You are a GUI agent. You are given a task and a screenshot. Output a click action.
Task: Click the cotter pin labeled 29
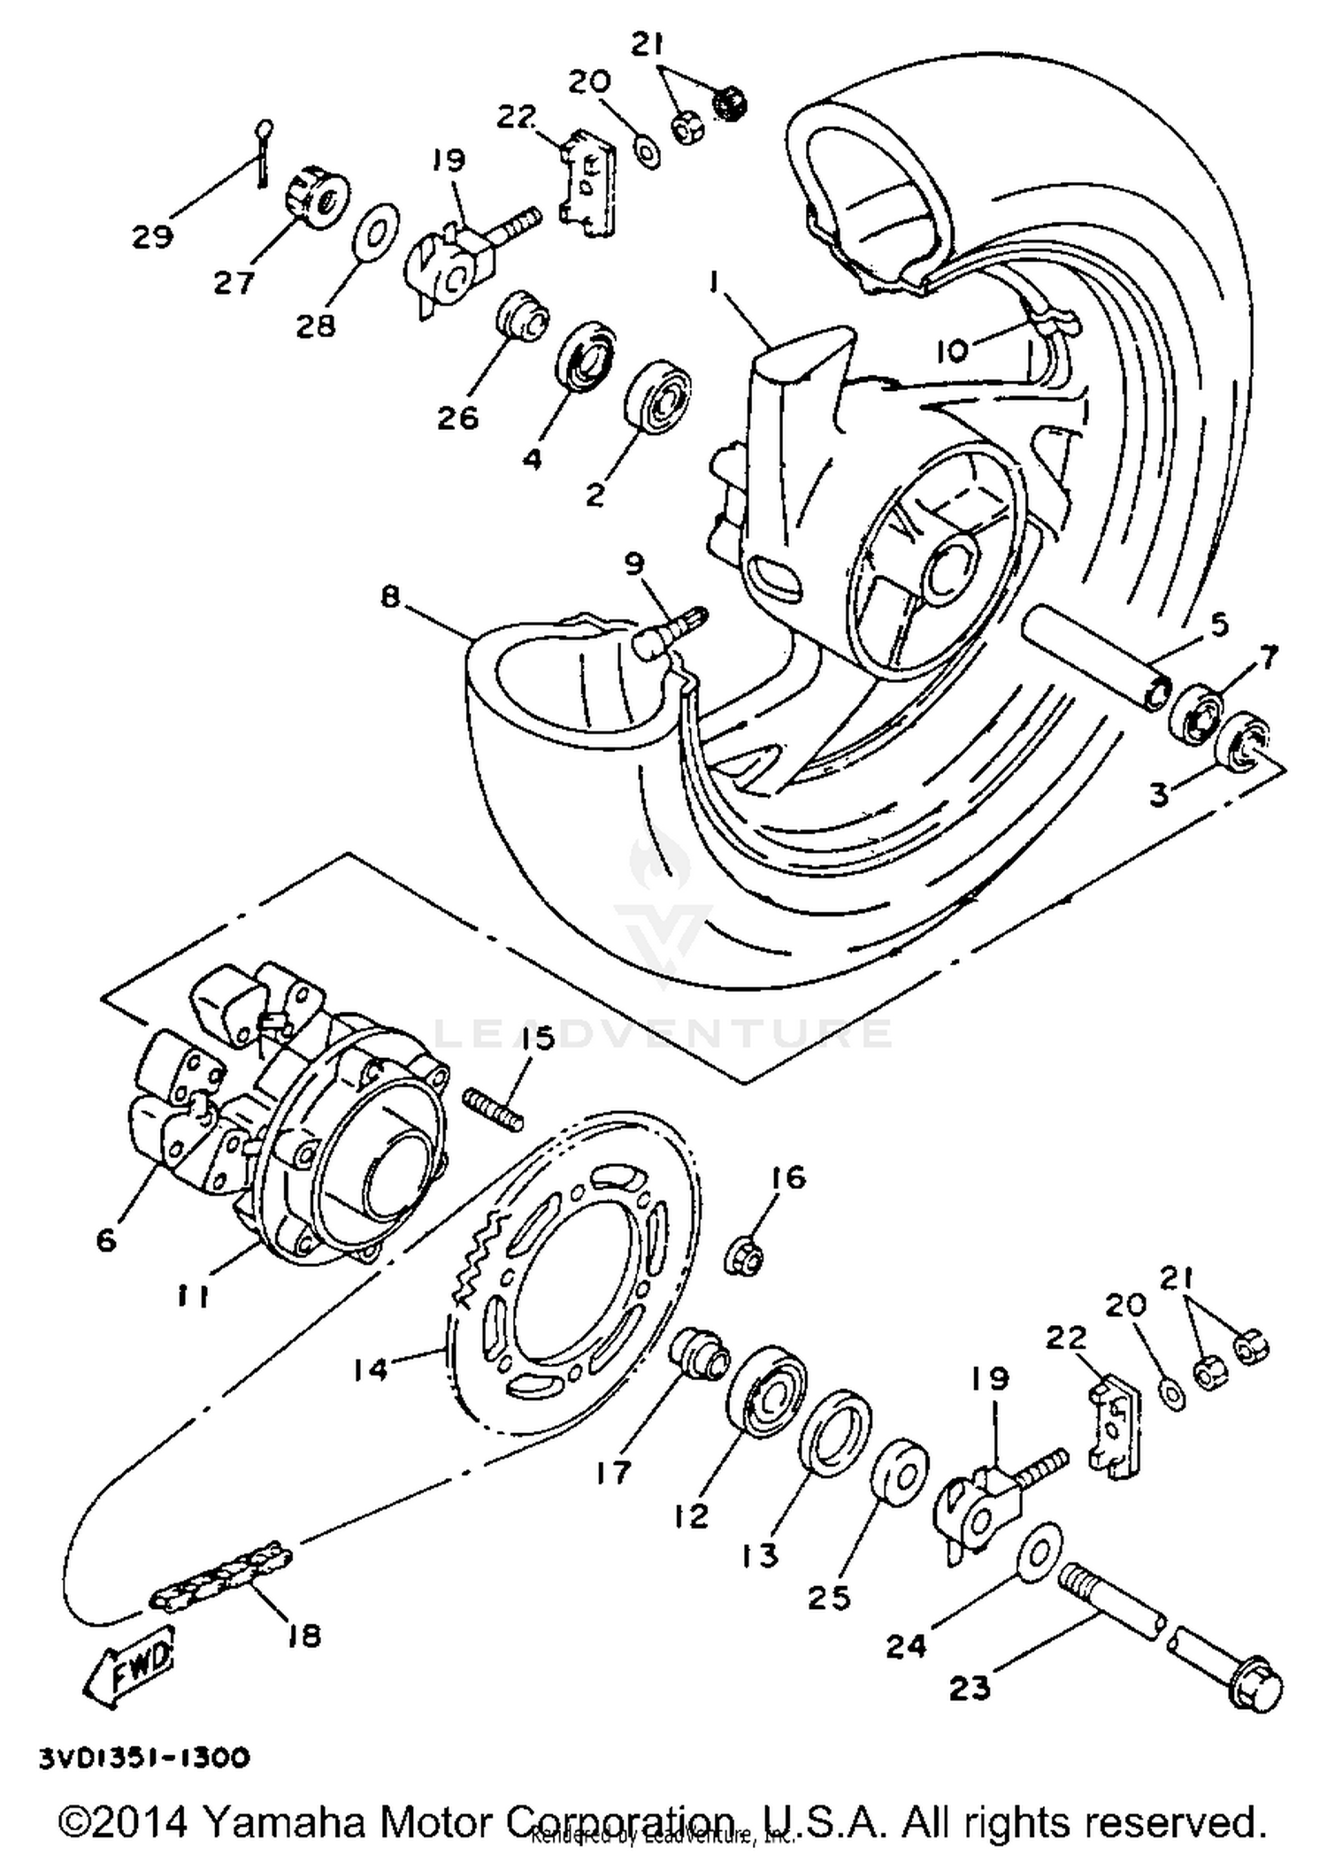[x=263, y=152]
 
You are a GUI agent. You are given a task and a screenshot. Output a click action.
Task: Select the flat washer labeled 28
[x=376, y=234]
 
